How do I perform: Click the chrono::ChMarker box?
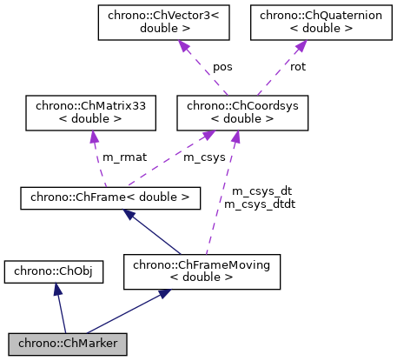tap(68, 343)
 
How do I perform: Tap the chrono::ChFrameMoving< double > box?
tap(202, 271)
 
